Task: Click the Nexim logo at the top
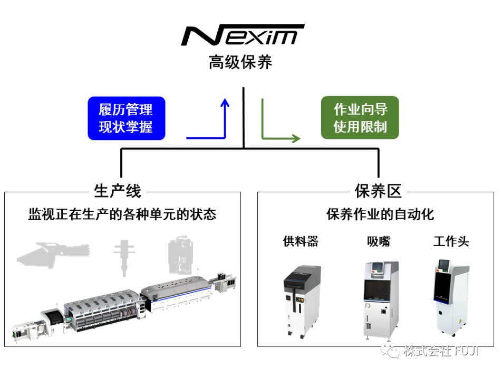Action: click(243, 35)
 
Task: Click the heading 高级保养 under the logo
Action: click(240, 62)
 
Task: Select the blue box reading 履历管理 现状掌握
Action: click(127, 118)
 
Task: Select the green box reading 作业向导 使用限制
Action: click(360, 117)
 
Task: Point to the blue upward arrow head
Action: click(225, 102)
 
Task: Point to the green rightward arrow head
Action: click(296, 138)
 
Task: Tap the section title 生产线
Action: click(118, 191)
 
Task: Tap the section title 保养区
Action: click(378, 191)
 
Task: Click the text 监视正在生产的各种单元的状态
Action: click(122, 214)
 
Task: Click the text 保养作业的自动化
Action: click(380, 214)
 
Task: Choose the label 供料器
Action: click(301, 241)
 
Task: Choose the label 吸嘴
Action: click(379, 241)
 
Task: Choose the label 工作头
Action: click(451, 241)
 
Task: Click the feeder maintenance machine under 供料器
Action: click(302, 302)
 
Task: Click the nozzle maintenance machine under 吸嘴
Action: click(381, 301)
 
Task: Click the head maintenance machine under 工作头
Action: click(452, 298)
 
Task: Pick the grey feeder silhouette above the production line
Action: click(53, 255)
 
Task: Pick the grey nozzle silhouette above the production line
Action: click(124, 258)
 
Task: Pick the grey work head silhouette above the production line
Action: click(180, 255)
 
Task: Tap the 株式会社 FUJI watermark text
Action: click(441, 351)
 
